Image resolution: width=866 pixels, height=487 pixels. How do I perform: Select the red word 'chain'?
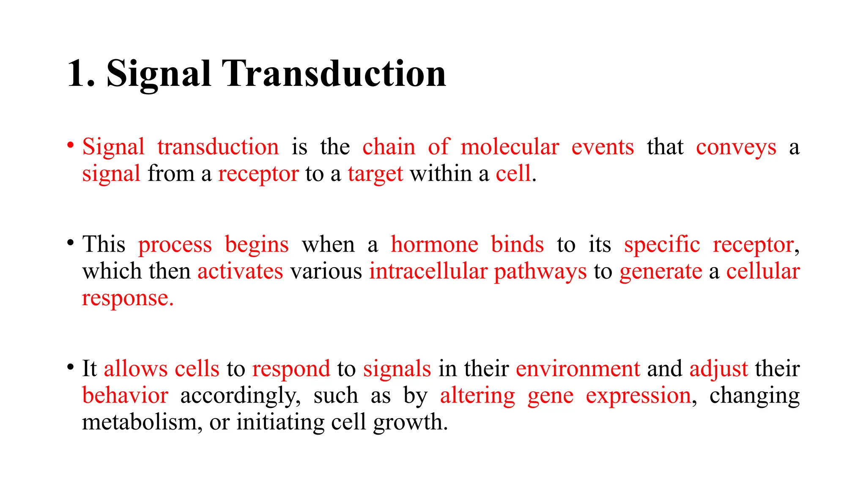coord(389,147)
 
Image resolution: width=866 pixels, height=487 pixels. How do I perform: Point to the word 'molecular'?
coord(510,147)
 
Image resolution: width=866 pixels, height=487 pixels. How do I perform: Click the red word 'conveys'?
coord(736,148)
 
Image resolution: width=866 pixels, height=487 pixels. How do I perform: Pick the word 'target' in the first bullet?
coord(375,174)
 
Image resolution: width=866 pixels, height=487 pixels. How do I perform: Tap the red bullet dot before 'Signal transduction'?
coord(71,145)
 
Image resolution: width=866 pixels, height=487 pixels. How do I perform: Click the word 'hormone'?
coord(434,244)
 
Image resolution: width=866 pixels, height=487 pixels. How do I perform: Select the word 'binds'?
coord(517,244)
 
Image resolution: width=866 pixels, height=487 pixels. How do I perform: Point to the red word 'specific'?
coord(662,244)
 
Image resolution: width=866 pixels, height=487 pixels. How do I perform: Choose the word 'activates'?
coord(240,271)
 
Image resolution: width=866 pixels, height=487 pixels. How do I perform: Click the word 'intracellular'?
coord(428,271)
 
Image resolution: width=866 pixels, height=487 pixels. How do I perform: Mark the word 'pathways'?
coord(540,272)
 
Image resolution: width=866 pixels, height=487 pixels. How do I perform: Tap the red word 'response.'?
coord(128,298)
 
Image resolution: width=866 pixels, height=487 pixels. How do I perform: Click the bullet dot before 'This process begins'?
coord(71,243)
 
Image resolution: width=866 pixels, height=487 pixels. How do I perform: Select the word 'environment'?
coord(578,369)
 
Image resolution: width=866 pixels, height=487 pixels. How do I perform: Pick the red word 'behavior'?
coord(125,395)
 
